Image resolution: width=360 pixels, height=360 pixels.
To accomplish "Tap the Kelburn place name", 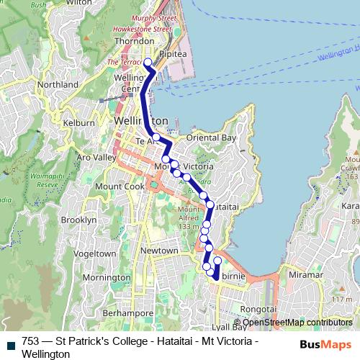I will click(79, 123).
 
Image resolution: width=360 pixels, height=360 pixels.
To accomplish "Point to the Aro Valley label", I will click(96, 157).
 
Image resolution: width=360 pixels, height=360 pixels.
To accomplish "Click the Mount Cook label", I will click(106, 185).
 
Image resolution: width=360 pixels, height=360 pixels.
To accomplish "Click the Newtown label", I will click(158, 250).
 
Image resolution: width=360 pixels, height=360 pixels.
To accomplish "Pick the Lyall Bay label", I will click(230, 327).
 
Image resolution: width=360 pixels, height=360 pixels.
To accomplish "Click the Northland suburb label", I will click(58, 85).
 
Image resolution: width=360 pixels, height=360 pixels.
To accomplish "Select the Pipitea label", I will click(173, 53).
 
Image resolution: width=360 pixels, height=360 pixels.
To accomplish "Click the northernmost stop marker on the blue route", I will click(148, 62).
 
